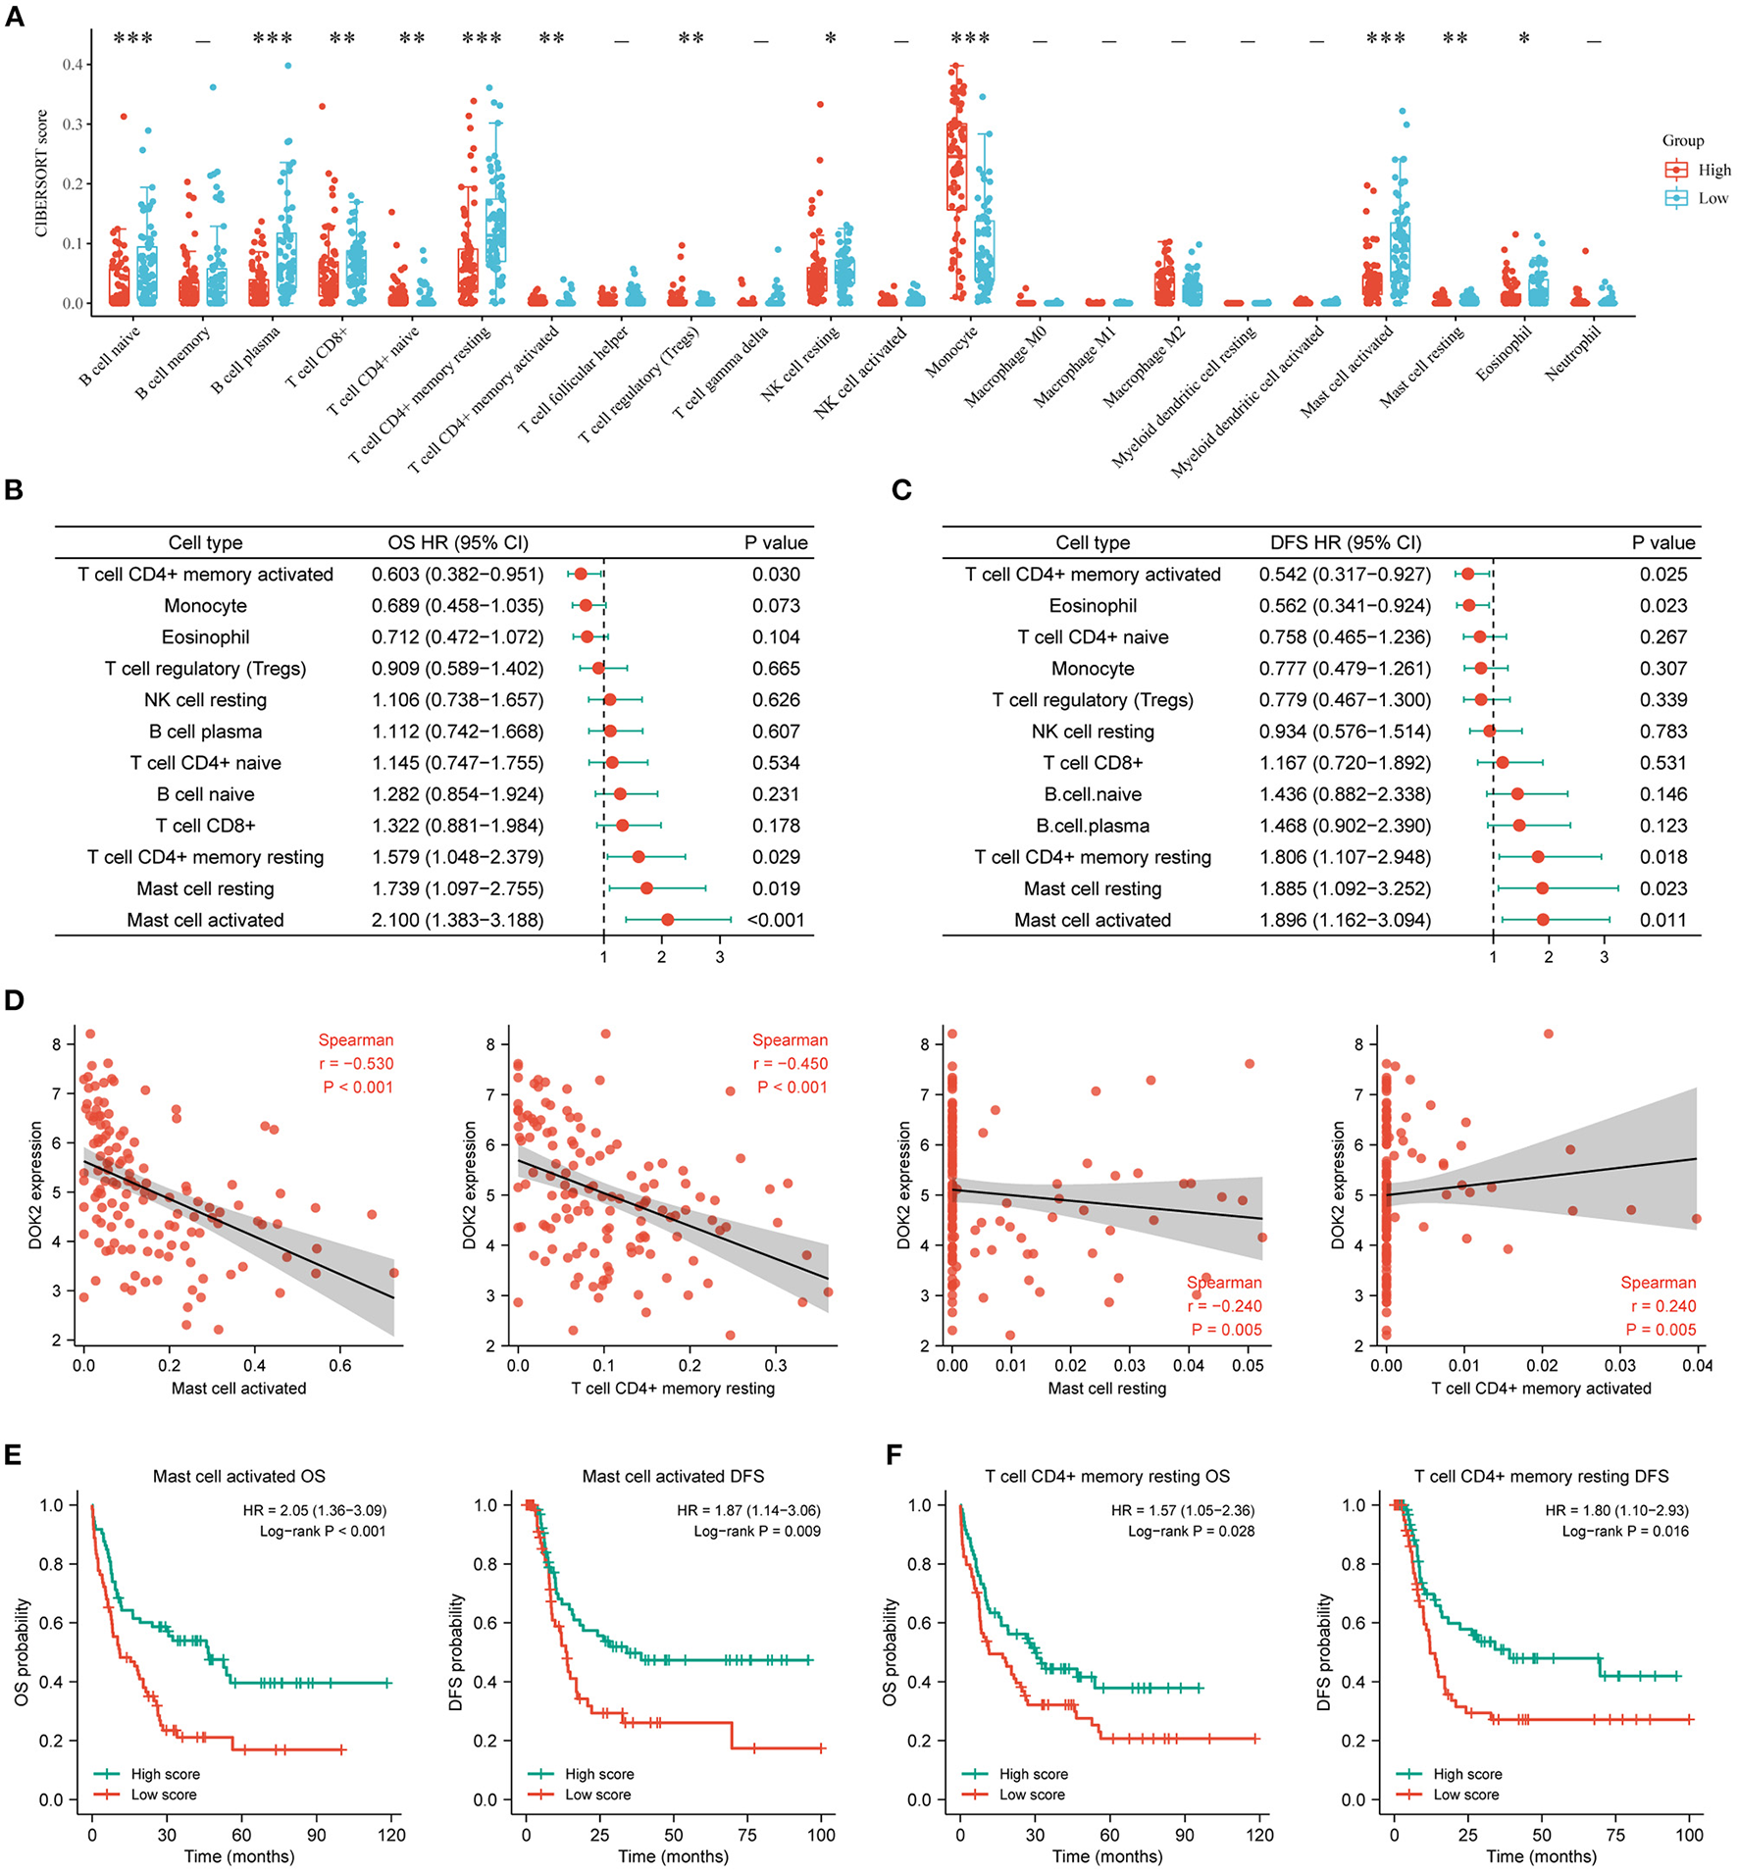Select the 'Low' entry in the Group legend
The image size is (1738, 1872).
[x=1712, y=198]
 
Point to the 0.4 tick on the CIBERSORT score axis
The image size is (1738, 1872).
[x=74, y=65]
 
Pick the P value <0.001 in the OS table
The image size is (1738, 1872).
[x=775, y=920]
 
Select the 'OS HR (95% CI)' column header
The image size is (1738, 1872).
[x=458, y=542]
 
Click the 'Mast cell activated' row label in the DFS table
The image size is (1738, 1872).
[x=1093, y=920]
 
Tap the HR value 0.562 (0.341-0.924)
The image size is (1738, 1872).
[x=1345, y=606]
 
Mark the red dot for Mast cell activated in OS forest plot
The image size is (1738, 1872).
[x=668, y=920]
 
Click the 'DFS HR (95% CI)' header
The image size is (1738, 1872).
[x=1345, y=542]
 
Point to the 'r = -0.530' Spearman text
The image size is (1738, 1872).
[x=356, y=1064]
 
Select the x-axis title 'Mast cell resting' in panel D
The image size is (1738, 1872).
[x=1107, y=1389]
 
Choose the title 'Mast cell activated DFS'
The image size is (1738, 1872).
[x=673, y=1477]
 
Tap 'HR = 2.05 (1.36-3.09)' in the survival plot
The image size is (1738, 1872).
[x=314, y=1511]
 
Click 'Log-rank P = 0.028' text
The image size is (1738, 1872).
[x=1191, y=1532]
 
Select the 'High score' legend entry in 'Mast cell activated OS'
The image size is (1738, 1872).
[x=165, y=1774]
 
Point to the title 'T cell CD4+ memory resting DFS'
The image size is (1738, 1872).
[x=1541, y=1477]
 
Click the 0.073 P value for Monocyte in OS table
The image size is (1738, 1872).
[x=776, y=606]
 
